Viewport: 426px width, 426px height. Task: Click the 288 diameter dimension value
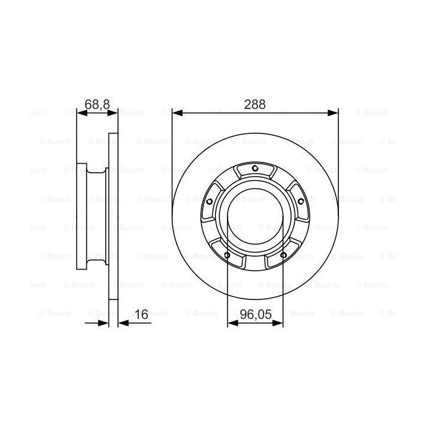click(255, 104)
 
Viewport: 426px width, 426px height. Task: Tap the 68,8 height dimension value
click(97, 104)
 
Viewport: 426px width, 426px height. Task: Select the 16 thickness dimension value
click(141, 315)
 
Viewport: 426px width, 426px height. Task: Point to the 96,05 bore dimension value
click(255, 315)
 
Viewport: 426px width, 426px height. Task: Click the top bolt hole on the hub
click(255, 169)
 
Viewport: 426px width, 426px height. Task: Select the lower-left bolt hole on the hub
click(227, 255)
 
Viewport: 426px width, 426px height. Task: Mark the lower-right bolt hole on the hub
click(283, 255)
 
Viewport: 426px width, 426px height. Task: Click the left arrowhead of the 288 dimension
click(177, 113)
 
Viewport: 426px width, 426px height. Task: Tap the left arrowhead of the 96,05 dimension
click(232, 323)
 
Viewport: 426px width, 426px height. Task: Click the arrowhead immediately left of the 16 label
click(122, 323)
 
